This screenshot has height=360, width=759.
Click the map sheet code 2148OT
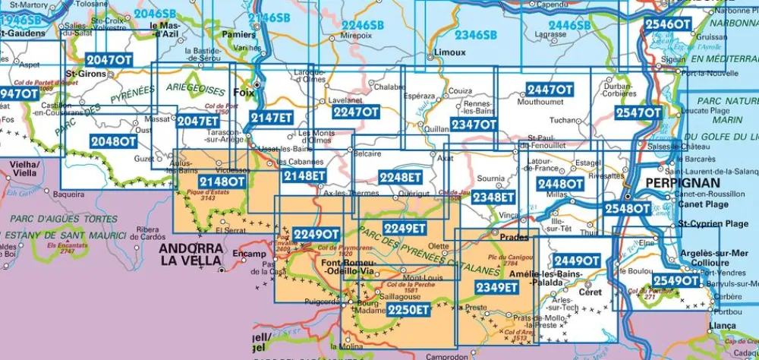(x=222, y=182)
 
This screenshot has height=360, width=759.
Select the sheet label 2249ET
(x=405, y=228)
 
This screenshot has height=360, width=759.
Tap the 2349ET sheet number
(x=496, y=287)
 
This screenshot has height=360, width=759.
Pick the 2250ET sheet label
(x=408, y=309)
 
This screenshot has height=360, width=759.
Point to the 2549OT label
(x=675, y=281)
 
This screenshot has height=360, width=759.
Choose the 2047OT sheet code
(x=109, y=60)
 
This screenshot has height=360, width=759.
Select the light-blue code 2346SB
(x=475, y=35)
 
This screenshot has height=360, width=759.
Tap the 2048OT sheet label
(x=113, y=141)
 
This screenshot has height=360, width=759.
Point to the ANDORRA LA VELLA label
(x=191, y=254)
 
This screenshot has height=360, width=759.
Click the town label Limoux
(x=446, y=53)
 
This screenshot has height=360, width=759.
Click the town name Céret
(x=590, y=292)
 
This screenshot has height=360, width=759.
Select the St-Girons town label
(x=84, y=74)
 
